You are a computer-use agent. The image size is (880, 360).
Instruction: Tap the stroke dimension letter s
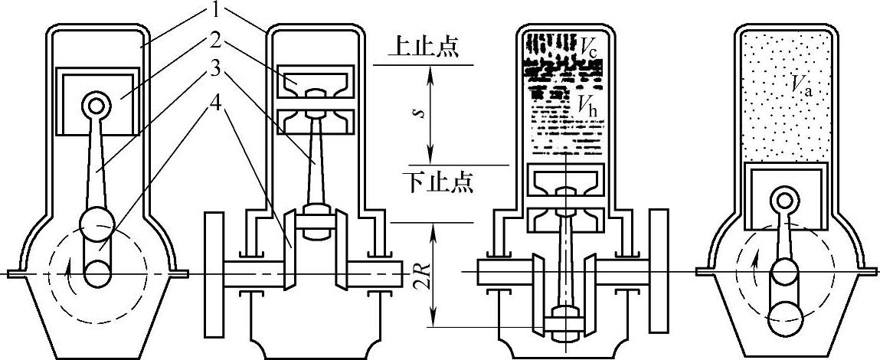420,112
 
